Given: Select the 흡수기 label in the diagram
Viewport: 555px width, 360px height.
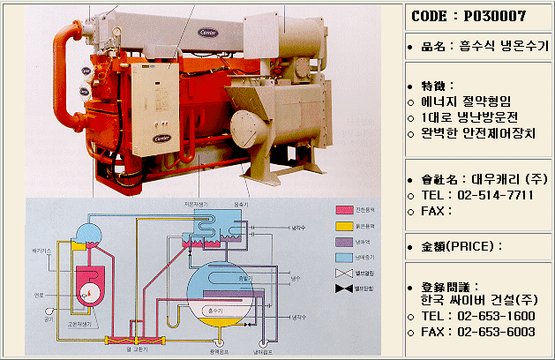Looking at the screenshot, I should (x=211, y=311).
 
